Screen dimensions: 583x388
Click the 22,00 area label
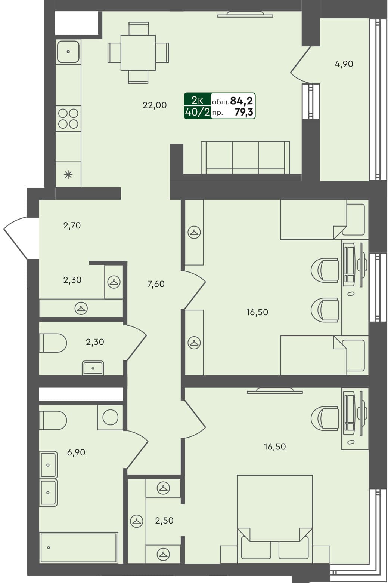(x=155, y=105)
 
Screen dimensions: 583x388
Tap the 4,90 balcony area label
(x=344, y=64)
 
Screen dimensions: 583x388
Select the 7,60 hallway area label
(x=156, y=284)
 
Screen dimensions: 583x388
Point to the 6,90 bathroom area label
(x=76, y=452)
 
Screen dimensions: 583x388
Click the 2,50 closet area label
(x=164, y=521)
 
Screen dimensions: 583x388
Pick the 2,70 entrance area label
(x=72, y=225)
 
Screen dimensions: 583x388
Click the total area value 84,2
(x=241, y=101)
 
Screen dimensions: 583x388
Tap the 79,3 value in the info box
(x=244, y=111)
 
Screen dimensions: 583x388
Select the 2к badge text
(x=197, y=100)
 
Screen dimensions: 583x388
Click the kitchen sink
(x=68, y=52)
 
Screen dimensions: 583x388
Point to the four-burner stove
(x=68, y=118)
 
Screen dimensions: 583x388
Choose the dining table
(x=138, y=53)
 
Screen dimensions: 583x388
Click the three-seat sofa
(x=245, y=157)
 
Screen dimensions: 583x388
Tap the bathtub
(x=79, y=547)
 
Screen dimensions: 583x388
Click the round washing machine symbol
(x=110, y=417)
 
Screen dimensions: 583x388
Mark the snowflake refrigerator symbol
(x=68, y=174)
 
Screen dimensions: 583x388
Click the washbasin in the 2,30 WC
(x=93, y=368)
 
